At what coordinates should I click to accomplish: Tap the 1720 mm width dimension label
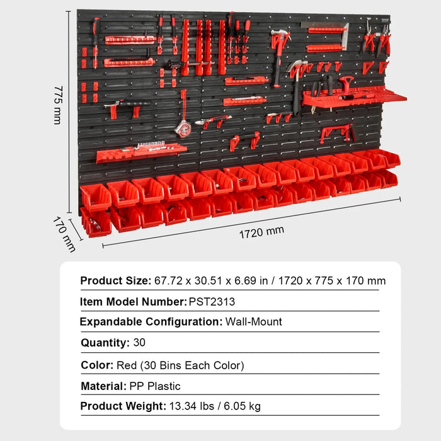261,231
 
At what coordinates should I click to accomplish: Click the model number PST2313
212,302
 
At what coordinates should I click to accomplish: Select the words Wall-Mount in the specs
254,322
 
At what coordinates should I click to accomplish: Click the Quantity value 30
139,343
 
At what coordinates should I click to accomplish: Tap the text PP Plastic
155,386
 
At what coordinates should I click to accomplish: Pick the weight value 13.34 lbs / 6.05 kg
215,406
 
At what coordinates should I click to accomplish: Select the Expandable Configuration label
151,322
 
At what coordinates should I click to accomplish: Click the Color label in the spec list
96,365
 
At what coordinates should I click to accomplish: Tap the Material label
103,386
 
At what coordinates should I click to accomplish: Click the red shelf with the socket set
142,151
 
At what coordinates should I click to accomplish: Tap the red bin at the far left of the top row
95,197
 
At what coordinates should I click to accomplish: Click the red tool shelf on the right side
353,97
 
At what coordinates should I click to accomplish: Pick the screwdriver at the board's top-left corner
95,41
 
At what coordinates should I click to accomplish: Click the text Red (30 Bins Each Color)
180,365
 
